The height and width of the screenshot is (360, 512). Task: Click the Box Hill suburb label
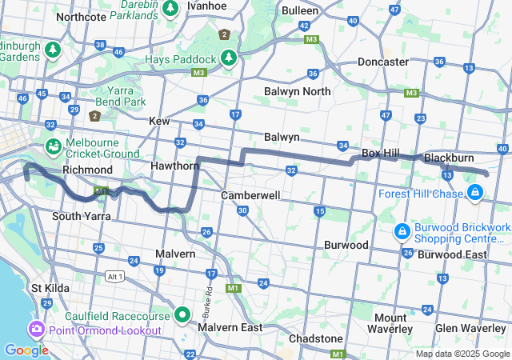[x=381, y=152]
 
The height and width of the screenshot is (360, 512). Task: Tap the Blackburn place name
[x=450, y=158]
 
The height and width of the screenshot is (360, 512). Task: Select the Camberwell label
[x=250, y=195]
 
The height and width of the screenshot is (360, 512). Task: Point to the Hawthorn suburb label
[x=174, y=166]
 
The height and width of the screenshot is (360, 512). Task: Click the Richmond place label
[x=87, y=170]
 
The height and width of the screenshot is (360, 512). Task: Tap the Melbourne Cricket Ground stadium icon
[x=52, y=146]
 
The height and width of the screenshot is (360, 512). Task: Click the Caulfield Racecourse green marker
[x=182, y=315]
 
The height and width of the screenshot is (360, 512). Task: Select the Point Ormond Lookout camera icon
[x=36, y=330]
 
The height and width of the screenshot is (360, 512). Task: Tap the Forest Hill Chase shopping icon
[x=475, y=192]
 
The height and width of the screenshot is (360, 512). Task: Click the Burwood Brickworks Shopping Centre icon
[x=402, y=232]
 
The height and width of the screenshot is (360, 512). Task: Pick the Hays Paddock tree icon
[x=229, y=58]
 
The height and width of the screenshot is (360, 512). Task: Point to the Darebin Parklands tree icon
[x=170, y=8]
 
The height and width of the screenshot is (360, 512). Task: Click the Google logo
[x=26, y=350]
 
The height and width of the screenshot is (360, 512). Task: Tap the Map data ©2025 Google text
[x=461, y=354]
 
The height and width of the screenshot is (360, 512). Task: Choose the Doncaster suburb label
[x=382, y=62]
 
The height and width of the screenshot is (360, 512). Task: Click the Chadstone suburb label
[x=314, y=338]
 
